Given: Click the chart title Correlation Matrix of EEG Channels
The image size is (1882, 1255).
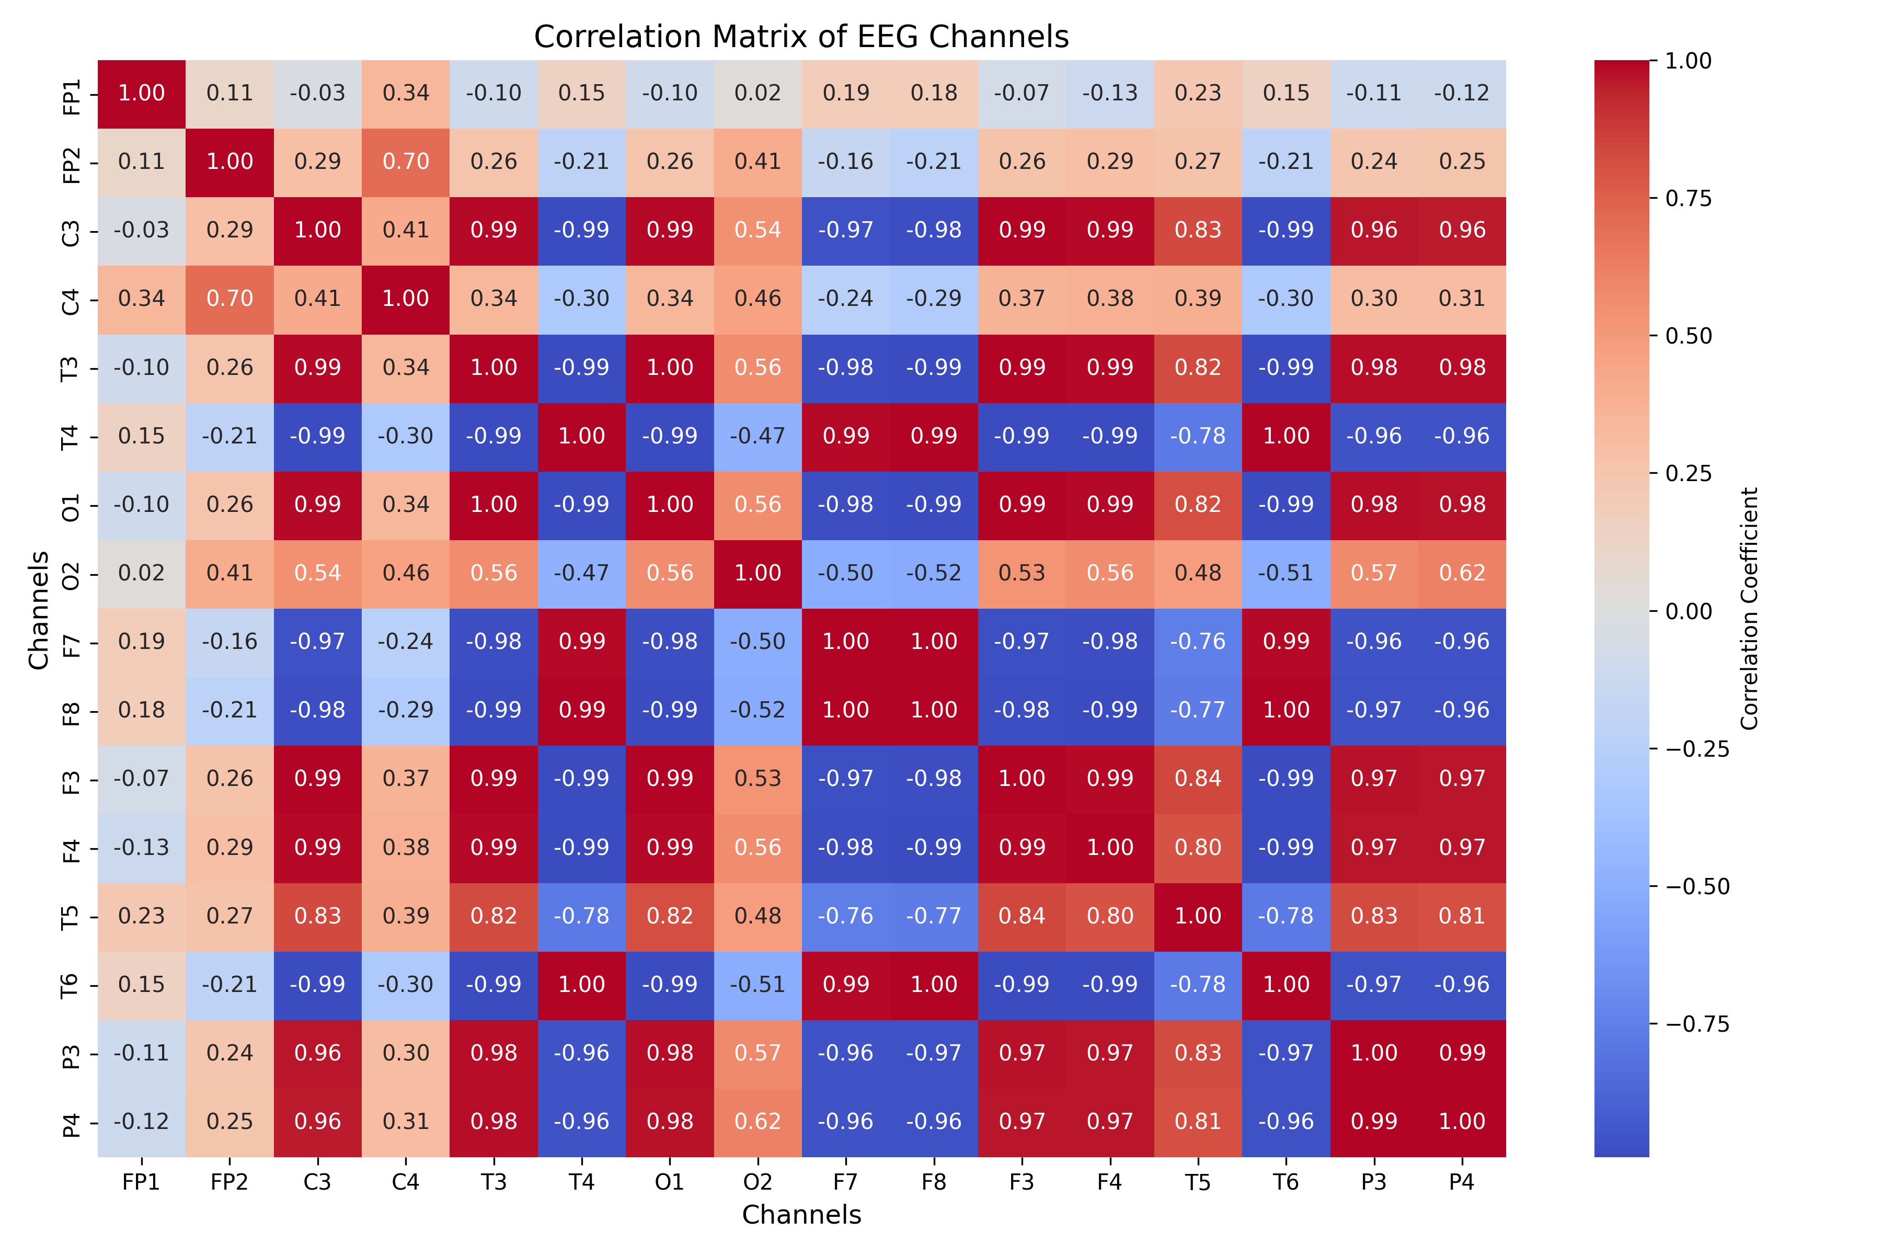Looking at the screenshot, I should tap(801, 37).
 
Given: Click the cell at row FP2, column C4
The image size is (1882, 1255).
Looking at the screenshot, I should tap(406, 162).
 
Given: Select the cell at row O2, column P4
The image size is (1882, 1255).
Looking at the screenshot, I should tap(1461, 573).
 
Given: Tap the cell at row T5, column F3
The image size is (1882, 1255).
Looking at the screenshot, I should tap(1022, 916).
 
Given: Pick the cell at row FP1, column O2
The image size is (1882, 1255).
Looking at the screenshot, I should tap(758, 93).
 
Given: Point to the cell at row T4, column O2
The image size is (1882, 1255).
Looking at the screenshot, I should tap(758, 436).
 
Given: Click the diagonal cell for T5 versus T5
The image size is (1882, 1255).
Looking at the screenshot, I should tap(1198, 916).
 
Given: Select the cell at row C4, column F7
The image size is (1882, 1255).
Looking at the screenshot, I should tap(846, 299).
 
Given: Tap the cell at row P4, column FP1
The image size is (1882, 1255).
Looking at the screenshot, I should tap(142, 1121).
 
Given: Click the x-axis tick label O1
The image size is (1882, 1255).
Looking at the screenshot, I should tap(670, 1182).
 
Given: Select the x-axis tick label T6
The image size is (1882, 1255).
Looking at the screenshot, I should tap(1286, 1182).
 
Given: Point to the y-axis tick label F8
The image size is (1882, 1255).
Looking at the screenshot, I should tap(71, 711).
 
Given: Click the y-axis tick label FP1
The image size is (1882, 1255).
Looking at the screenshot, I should tap(71, 96).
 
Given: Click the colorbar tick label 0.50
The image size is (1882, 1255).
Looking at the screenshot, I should tap(1689, 336).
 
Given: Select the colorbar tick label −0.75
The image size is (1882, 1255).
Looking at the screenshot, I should tap(1696, 1024).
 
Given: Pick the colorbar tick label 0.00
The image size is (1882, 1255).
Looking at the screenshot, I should tap(1689, 611).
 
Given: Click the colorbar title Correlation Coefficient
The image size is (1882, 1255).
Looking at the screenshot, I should tap(1750, 608).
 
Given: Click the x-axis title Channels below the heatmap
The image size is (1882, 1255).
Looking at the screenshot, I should tap(801, 1215).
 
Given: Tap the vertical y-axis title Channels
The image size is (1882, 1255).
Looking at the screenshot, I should tap(38, 610).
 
